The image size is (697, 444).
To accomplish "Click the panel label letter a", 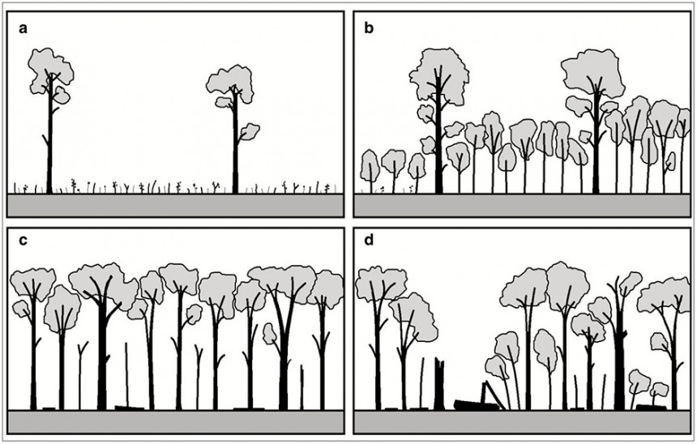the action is pos(24,29).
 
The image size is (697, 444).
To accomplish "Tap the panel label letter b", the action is pos(369,28).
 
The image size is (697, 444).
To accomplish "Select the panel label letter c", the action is pos(24,241).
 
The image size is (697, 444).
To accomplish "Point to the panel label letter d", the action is pos(369,240).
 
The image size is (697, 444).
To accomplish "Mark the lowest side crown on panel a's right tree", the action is pos(250,132).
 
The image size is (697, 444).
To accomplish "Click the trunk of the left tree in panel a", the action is pos(49,134).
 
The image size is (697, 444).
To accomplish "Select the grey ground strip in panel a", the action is pos(176,205).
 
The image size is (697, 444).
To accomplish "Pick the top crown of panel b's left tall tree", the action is pos(438,75).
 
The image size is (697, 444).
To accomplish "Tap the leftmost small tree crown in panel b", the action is pos(370,165).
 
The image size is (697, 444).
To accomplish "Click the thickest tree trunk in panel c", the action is pos(102,356).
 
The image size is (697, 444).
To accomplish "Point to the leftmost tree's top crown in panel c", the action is pos(33,284).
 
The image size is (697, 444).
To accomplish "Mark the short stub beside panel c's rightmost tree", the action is pos(301,387).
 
